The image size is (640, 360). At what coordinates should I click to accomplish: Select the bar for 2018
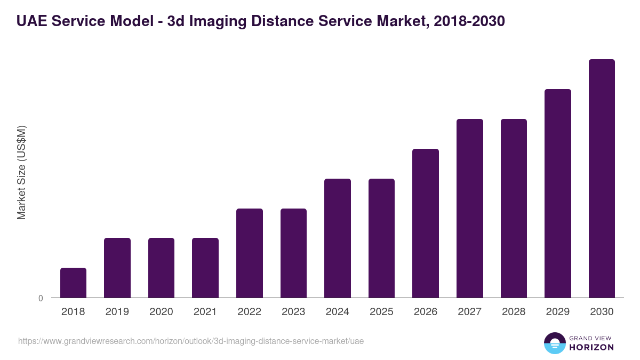pos(73,283)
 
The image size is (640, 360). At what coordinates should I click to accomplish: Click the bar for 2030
pos(602,179)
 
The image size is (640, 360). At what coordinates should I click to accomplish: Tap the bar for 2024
pos(338,238)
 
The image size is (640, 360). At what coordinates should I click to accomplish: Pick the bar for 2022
pos(250,253)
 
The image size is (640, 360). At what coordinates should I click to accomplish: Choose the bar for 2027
pos(470,209)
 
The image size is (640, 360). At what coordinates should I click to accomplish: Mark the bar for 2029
pos(558,194)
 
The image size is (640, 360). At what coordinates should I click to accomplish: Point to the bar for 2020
pos(161,268)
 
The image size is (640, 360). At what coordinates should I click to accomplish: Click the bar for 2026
pos(426,223)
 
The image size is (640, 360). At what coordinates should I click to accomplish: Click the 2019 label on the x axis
pos(117,312)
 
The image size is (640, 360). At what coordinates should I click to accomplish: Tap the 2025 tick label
pos(381,312)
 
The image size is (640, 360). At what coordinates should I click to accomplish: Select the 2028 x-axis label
pos(514,312)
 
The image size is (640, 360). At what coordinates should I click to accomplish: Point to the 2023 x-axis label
pos(293,312)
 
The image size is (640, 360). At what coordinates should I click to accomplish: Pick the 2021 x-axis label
pos(205,312)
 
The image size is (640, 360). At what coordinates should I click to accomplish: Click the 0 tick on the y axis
pos(41,299)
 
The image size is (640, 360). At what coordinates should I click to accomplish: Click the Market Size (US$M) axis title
pos(21,173)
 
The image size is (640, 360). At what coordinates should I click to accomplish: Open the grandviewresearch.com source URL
pos(191,341)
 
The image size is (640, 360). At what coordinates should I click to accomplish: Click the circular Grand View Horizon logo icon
pos(555,343)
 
